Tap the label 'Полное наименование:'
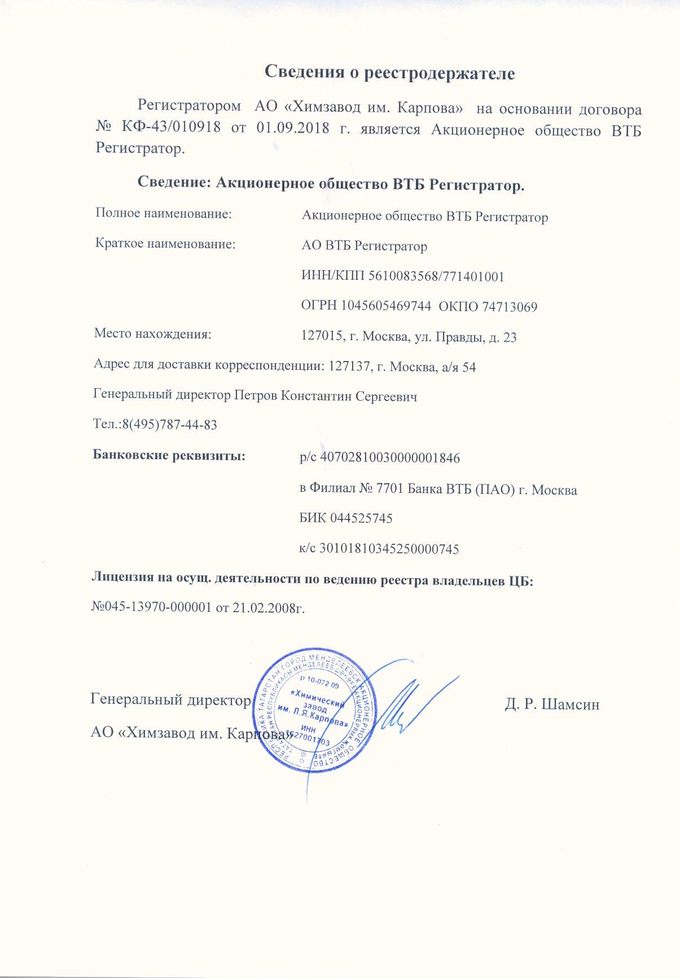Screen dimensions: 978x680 164,214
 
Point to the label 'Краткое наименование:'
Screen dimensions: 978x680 165,244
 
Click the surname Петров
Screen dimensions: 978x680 256,395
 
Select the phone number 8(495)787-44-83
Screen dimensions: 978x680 169,425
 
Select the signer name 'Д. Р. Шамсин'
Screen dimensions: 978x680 551,704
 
